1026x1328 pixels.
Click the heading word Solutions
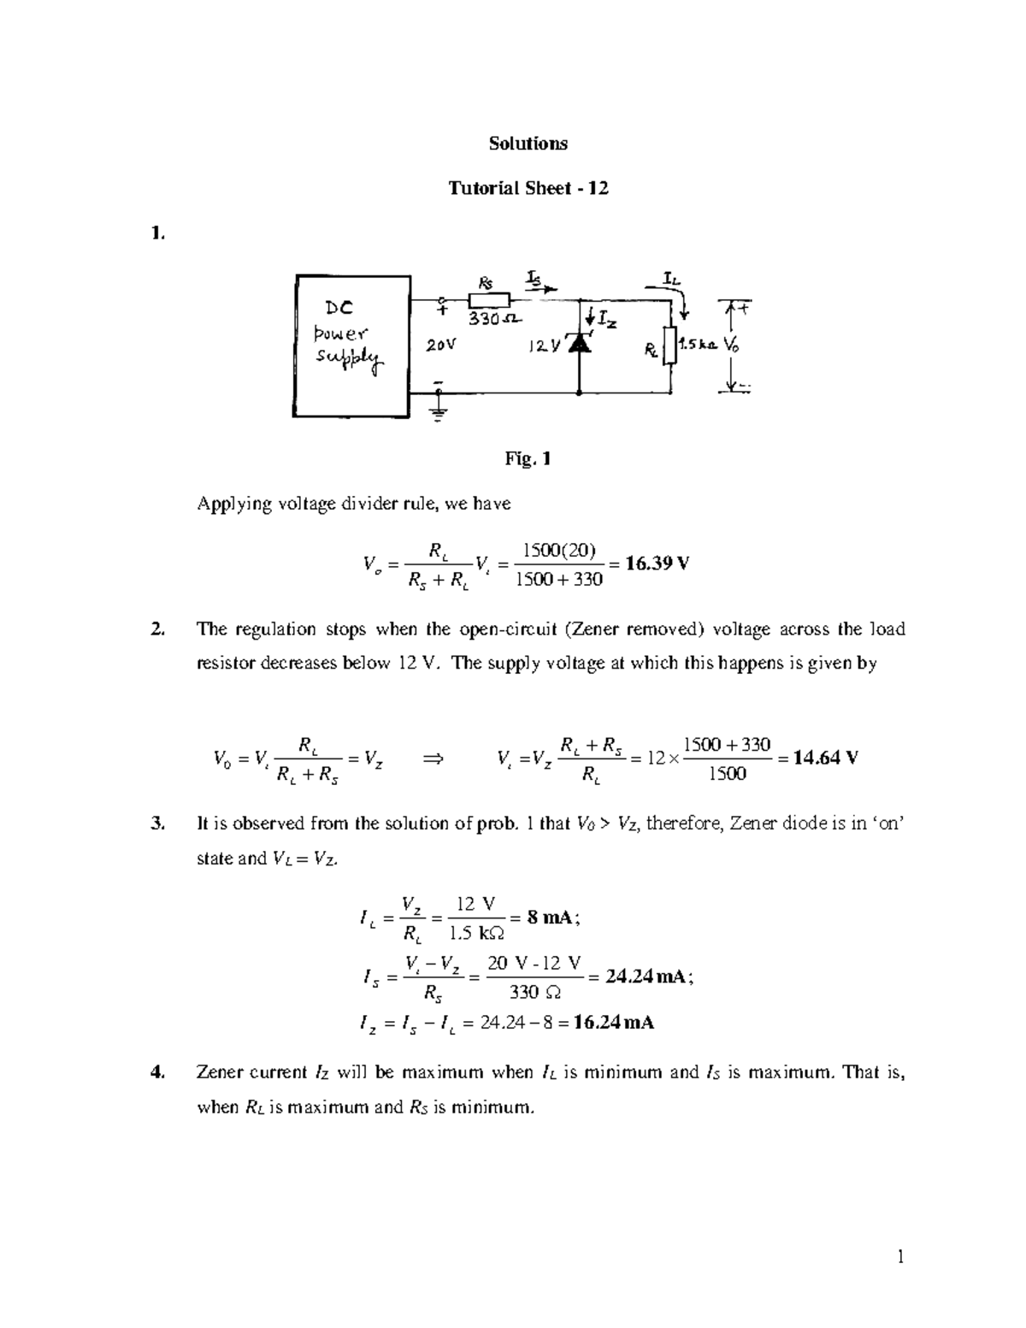(x=528, y=144)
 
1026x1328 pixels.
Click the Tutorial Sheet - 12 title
(x=528, y=189)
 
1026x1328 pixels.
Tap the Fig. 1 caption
(x=528, y=459)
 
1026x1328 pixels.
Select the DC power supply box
(x=351, y=345)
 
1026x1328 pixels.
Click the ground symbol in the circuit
(x=439, y=414)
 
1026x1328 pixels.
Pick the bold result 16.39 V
(x=657, y=564)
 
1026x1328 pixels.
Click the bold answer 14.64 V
(x=825, y=758)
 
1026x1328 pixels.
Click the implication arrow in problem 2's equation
(x=434, y=758)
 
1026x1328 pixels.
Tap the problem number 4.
(x=156, y=1072)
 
